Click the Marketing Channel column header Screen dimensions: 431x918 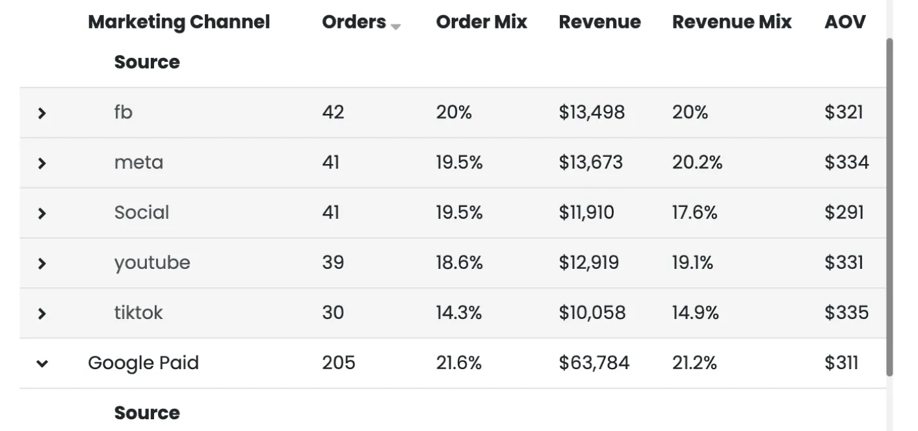click(179, 22)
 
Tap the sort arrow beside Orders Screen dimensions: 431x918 click(395, 26)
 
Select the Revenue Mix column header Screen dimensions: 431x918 click(731, 22)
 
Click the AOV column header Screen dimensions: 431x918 click(845, 22)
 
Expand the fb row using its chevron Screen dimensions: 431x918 click(42, 113)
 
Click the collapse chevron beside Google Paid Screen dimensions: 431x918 click(42, 364)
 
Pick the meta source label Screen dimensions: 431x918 click(138, 162)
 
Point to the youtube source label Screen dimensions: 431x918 click(152, 263)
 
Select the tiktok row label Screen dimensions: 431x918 click(138, 313)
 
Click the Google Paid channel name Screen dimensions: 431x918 click(143, 363)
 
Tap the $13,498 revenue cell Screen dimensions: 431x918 click(591, 113)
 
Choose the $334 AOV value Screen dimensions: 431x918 click(846, 162)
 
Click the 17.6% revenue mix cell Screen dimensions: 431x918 click(694, 213)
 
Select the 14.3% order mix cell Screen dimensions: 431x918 click(459, 313)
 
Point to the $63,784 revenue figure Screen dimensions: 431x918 click(594, 363)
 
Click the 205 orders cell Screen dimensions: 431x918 click(338, 363)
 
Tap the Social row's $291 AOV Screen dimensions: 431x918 click(844, 213)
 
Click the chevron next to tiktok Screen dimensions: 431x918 click(42, 314)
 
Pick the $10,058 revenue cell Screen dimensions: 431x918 click(592, 313)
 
